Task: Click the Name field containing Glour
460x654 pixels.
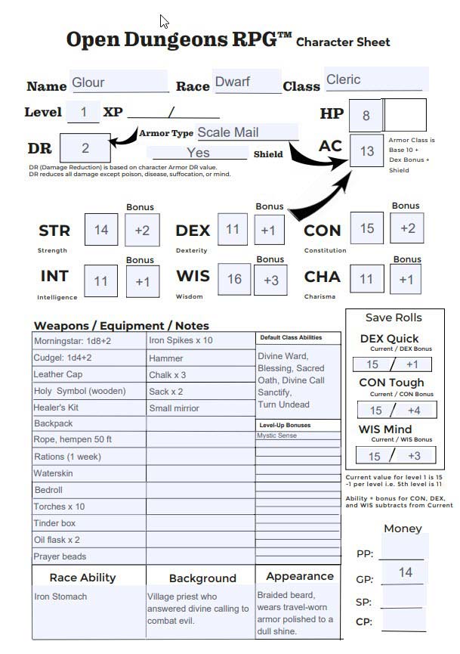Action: [x=119, y=82]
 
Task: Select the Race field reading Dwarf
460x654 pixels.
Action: [x=247, y=82]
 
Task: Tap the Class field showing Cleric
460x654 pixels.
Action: [x=376, y=79]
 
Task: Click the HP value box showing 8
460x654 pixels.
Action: [x=366, y=115]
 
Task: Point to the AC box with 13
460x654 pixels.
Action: [x=367, y=150]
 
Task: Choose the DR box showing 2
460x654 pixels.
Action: [x=85, y=148]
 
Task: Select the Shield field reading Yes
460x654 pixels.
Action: [x=198, y=153]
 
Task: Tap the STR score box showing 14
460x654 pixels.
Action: [x=101, y=230]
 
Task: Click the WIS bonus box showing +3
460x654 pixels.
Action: [x=270, y=280]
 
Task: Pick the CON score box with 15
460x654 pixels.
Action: [x=366, y=228]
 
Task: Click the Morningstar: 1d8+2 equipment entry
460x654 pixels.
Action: [x=89, y=341]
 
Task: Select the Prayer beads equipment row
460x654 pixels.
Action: [x=89, y=556]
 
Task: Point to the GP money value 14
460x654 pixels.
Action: [x=406, y=572]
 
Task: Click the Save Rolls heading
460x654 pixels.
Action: [x=394, y=318]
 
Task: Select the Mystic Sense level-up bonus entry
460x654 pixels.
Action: [x=276, y=435]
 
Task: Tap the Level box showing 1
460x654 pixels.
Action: [x=84, y=113]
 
